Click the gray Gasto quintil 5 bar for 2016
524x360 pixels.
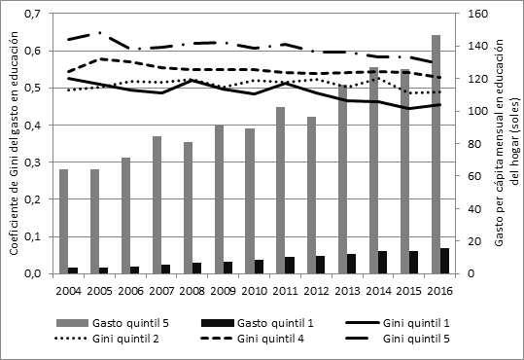point(436,155)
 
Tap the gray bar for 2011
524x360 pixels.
point(280,191)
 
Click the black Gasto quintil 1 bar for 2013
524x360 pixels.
point(352,264)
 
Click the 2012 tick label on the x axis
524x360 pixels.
point(318,290)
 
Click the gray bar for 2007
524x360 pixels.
point(157,205)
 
